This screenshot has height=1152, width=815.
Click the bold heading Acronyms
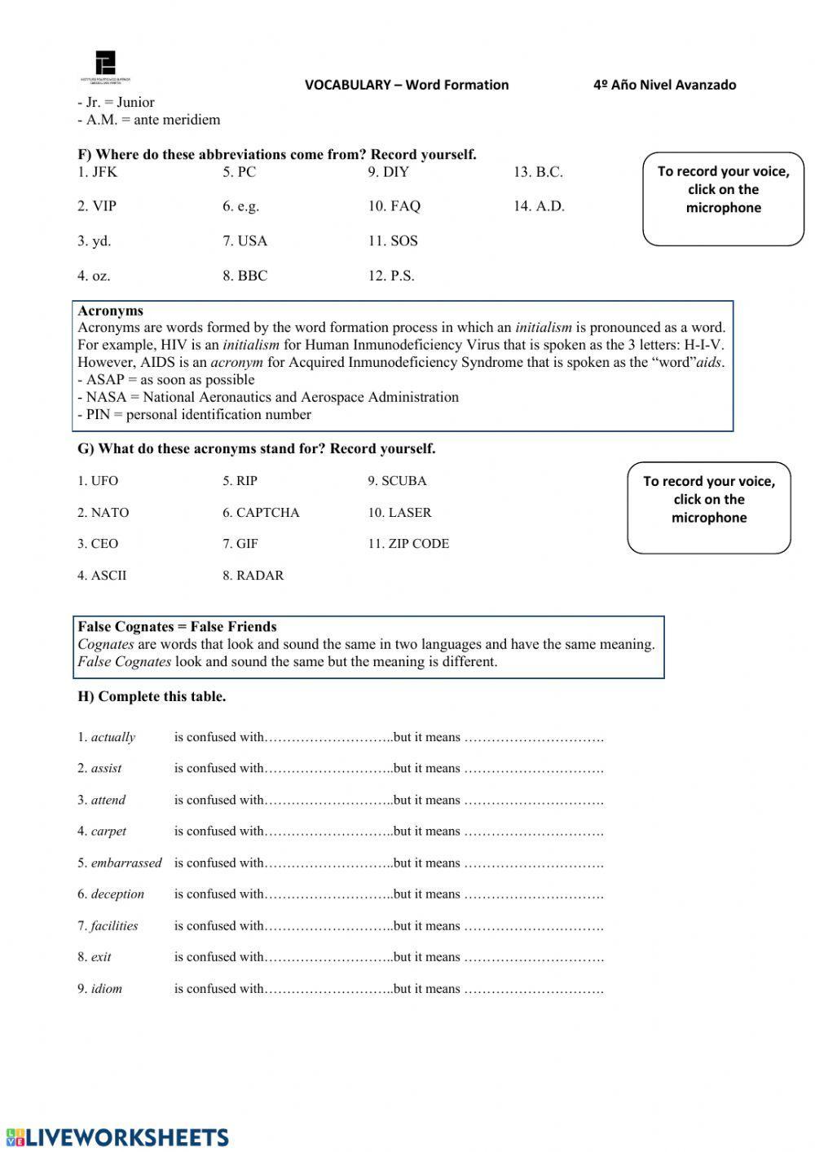coord(110,311)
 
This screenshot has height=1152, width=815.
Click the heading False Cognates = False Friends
coord(177,627)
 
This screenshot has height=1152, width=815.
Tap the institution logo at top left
coord(105,66)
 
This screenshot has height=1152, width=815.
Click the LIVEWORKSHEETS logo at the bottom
coord(117,1137)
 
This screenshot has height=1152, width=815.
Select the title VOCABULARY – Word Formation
coord(407,85)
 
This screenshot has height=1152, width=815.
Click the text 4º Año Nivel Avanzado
coord(664,85)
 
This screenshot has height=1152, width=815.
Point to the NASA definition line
coord(268,397)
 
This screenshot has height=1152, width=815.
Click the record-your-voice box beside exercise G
coord(708,507)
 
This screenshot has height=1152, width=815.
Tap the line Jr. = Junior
coord(117,103)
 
